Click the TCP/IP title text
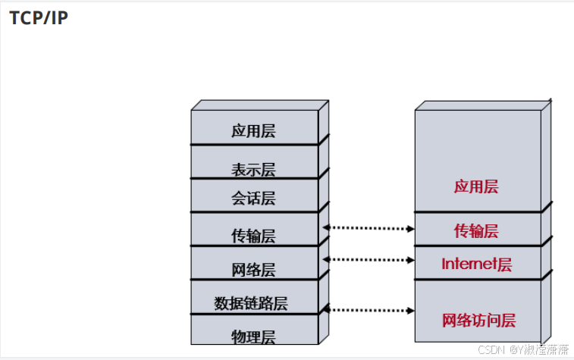pyautogui.click(x=39, y=18)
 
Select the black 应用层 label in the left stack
pyautogui.click(x=253, y=130)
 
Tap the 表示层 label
pyautogui.click(x=253, y=169)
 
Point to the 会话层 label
pyautogui.click(x=253, y=199)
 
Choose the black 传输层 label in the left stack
pyautogui.click(x=253, y=236)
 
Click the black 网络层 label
pyautogui.click(x=253, y=270)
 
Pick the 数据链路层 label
pyautogui.click(x=251, y=304)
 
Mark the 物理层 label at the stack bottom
pyautogui.click(x=253, y=336)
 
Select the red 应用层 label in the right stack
pyautogui.click(x=476, y=186)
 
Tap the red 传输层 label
pyautogui.click(x=476, y=231)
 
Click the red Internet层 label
pyautogui.click(x=476, y=265)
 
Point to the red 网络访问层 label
pyautogui.click(x=478, y=321)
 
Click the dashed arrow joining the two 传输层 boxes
pyautogui.click(x=369, y=227)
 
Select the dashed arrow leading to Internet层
pyautogui.click(x=369, y=259)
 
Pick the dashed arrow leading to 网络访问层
pyautogui.click(x=369, y=309)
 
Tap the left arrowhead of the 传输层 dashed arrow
pyautogui.click(x=326, y=227)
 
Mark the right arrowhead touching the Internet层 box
pyautogui.click(x=412, y=259)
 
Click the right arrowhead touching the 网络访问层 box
pyautogui.click(x=412, y=309)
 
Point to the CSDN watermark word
pyautogui.click(x=491, y=349)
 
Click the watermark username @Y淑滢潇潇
pyautogui.click(x=538, y=349)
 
